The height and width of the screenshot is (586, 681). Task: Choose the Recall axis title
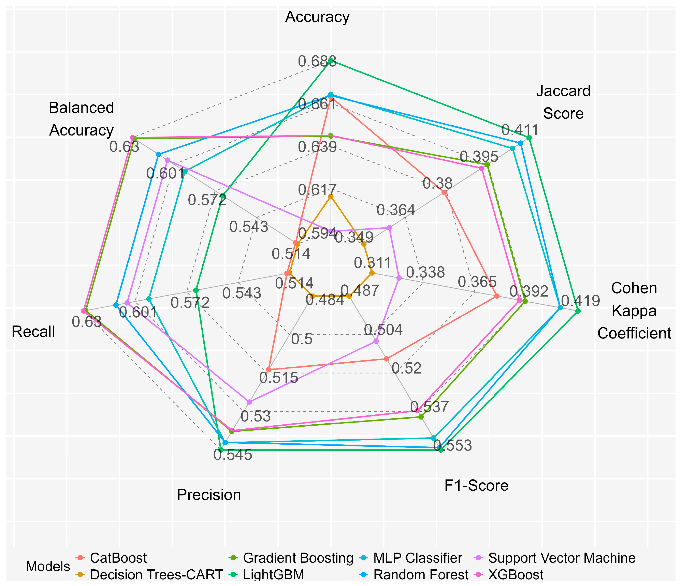[x=33, y=332]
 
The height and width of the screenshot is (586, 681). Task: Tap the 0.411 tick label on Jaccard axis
[x=520, y=130]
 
